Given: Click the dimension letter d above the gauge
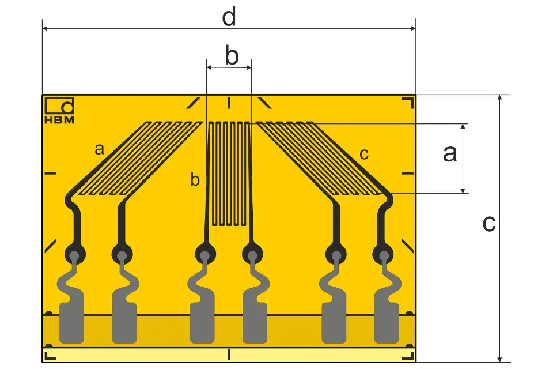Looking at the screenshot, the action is [229, 17].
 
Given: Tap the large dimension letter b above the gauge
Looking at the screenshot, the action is [232, 55].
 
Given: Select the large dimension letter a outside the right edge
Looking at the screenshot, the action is [450, 154].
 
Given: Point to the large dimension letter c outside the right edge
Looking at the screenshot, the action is [489, 224].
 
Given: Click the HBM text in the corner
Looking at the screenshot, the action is [59, 120].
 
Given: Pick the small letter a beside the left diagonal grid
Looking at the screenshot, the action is [100, 149].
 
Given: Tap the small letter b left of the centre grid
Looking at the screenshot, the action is [195, 179].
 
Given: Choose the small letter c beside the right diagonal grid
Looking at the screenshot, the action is [364, 155].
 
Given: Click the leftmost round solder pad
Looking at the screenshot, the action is [75, 254].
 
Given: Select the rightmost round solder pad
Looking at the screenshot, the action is [384, 254].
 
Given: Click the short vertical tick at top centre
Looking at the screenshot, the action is [229, 103].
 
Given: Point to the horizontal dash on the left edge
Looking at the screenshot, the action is [51, 173].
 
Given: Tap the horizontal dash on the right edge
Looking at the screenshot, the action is [408, 173].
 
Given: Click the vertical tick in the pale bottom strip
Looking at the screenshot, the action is [229, 355].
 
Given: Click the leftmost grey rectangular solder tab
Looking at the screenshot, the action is [71, 323].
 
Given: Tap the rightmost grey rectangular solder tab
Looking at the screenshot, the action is [387, 323].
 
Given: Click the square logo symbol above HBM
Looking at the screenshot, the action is [59, 106].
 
